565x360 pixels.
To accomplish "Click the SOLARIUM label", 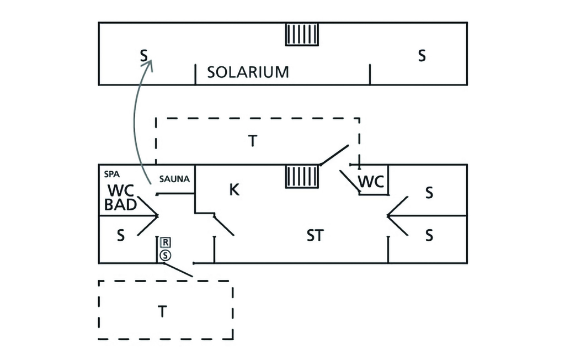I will pyautogui.click(x=248, y=72).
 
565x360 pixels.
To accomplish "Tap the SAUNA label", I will pyautogui.click(x=174, y=179).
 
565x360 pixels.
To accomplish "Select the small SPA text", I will pyautogui.click(x=112, y=173).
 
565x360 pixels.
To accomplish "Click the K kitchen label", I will pyautogui.click(x=234, y=190).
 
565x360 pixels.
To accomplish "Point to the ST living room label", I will pyautogui.click(x=315, y=236).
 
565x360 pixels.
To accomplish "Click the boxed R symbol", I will pyautogui.click(x=165, y=242).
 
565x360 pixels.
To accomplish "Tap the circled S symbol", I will pyautogui.click(x=165, y=255).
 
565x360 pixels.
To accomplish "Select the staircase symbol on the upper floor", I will pyautogui.click(x=302, y=34).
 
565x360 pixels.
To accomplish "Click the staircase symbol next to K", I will pyautogui.click(x=302, y=178).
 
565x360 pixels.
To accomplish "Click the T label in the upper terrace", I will pyautogui.click(x=252, y=142).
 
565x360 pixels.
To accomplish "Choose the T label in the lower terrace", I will pyautogui.click(x=162, y=312).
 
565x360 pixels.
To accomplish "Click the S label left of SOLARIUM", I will pyautogui.click(x=143, y=56).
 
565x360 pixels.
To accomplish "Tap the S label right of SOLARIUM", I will pyautogui.click(x=422, y=56).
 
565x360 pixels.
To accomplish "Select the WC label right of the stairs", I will pyautogui.click(x=371, y=181).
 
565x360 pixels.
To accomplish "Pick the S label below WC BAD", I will pyautogui.click(x=121, y=236).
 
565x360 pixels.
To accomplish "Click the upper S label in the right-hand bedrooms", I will pyautogui.click(x=429, y=194).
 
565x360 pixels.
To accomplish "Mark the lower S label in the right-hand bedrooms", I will pyautogui.click(x=429, y=236).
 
